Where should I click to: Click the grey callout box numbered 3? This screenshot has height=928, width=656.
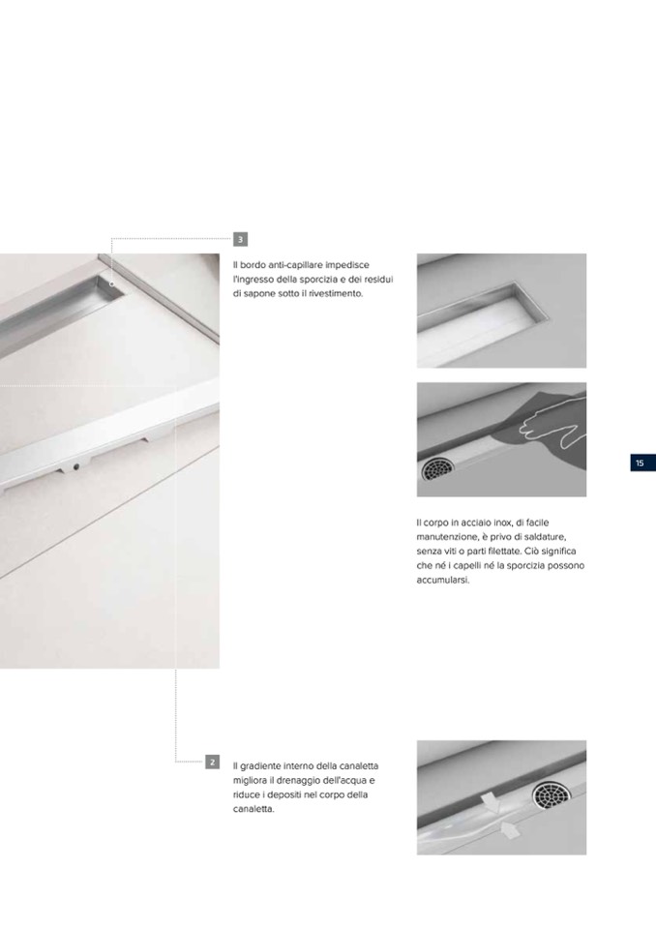[x=240, y=240]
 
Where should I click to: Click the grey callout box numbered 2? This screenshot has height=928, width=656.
[x=212, y=762]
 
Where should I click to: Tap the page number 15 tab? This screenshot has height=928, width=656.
[x=642, y=463]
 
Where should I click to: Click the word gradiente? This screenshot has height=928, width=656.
[x=260, y=765]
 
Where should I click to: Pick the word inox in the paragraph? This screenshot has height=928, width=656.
[x=502, y=523]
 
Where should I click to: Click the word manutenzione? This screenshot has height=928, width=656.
[x=445, y=537]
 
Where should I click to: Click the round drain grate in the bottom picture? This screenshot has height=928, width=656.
[x=551, y=794]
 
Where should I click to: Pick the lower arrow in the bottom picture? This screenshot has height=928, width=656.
[x=509, y=829]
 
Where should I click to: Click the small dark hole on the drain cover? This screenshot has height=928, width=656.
[x=76, y=466]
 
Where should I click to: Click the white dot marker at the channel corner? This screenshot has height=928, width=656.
[x=112, y=284]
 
